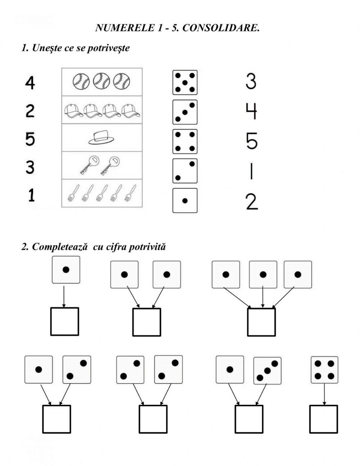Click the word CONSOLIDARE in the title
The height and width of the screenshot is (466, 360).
(221, 28)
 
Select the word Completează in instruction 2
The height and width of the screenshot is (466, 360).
(59, 247)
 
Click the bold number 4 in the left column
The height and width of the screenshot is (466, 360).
(30, 83)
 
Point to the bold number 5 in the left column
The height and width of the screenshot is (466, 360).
(30, 139)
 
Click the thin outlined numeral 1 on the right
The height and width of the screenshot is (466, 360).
(251, 171)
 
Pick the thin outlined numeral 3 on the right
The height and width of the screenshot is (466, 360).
(251, 81)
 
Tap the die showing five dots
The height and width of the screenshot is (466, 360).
(185, 82)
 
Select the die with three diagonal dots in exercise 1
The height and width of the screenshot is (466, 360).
(185, 112)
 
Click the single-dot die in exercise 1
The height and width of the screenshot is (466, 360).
(185, 201)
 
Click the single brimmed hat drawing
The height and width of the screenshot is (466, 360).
(102, 138)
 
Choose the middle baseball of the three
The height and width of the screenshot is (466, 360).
(101, 81)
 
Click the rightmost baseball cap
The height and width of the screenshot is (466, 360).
(131, 111)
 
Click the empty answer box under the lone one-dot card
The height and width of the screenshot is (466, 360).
(65, 321)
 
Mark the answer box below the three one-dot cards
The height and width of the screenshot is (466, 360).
(261, 322)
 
